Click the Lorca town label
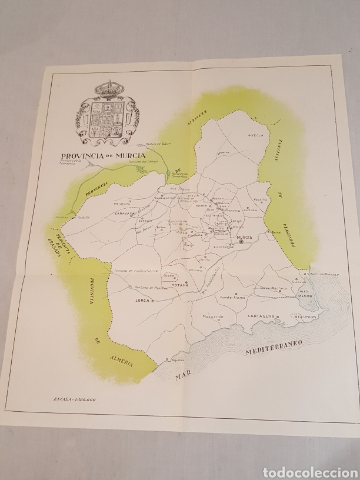[x=141, y=300]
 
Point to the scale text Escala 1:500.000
[x=74, y=400]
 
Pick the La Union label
[x=306, y=317]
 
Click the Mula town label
[x=182, y=233]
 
